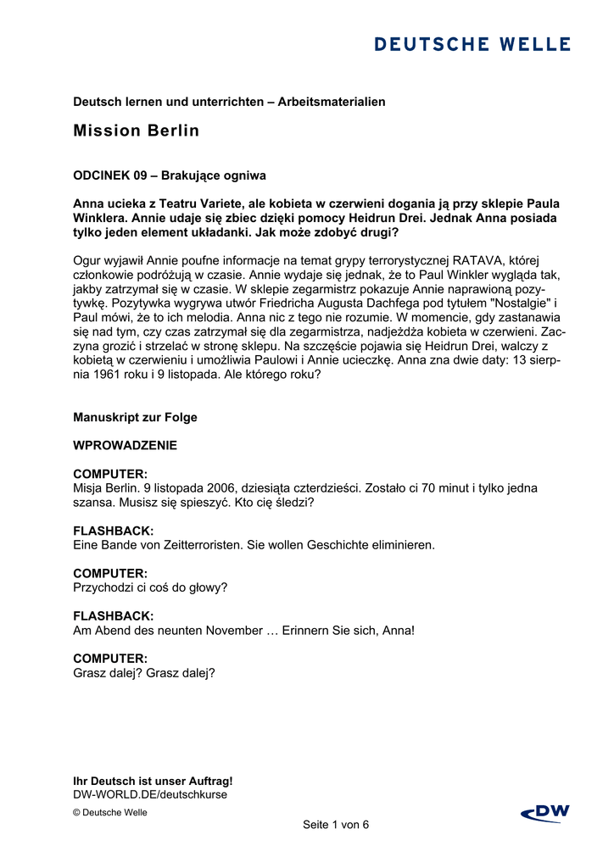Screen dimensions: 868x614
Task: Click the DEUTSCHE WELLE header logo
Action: (x=472, y=44)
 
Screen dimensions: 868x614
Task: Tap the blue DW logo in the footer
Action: (x=545, y=814)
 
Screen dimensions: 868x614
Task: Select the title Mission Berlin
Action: (x=137, y=131)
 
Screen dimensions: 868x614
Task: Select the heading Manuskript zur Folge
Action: (x=135, y=417)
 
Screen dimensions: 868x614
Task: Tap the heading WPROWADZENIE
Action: (x=126, y=445)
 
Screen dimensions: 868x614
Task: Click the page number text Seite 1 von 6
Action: (x=336, y=825)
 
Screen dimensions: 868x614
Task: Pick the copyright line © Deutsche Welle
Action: (x=110, y=812)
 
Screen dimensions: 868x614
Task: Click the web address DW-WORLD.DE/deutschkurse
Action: (x=150, y=794)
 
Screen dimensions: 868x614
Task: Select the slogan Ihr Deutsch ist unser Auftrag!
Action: (x=153, y=781)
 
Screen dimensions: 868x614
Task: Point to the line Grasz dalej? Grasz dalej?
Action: (x=144, y=673)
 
